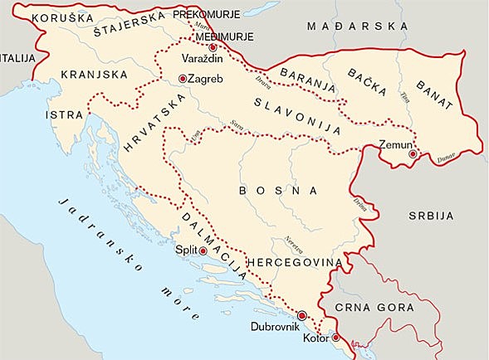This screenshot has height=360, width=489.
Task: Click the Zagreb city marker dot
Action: pyautogui.click(x=183, y=79)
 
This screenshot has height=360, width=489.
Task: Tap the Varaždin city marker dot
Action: pyautogui.click(x=213, y=48)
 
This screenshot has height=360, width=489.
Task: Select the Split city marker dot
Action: pyautogui.click(x=203, y=250)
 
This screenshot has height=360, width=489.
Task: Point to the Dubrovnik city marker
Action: pyautogui.click(x=302, y=315)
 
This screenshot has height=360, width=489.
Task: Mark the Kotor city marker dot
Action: pyautogui.click(x=335, y=338)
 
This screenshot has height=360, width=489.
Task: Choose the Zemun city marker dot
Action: pyautogui.click(x=413, y=153)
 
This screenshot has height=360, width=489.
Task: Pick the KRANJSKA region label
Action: pyautogui.click(x=95, y=75)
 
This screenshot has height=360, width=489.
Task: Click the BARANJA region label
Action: pyautogui.click(x=307, y=79)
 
